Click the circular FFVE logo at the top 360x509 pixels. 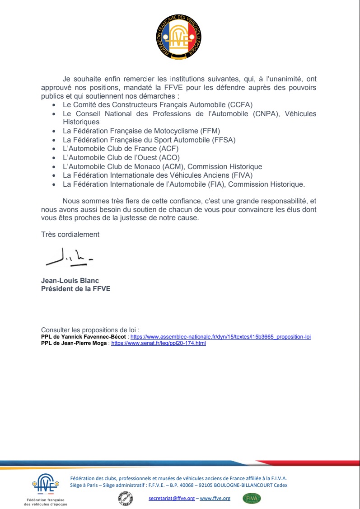(180, 37)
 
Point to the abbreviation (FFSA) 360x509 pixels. (224, 140)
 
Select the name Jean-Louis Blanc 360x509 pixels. (70, 281)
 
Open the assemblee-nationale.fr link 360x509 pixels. (220, 337)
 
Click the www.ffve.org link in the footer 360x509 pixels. (215, 498)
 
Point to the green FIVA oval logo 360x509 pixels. (252, 499)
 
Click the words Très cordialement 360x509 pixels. (70, 235)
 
